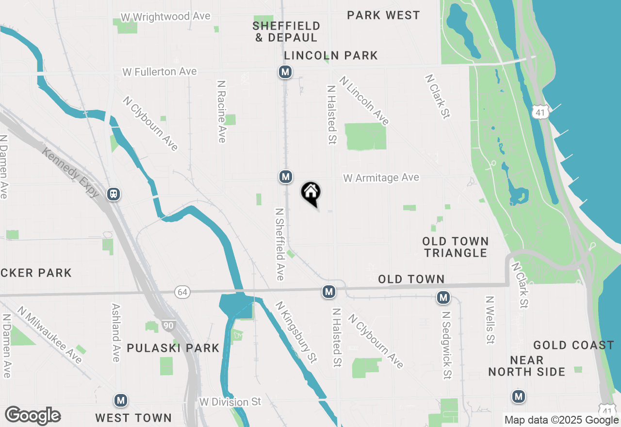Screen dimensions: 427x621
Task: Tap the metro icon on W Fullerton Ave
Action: point(285,72)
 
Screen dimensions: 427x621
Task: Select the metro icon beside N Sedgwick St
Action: point(443,297)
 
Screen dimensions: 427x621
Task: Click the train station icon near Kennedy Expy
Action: point(114,194)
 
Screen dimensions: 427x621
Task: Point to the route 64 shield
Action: point(181,292)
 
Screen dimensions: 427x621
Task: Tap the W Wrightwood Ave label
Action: point(165,16)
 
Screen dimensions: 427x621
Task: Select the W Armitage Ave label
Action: point(381,178)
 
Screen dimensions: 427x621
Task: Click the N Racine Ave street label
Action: point(221,112)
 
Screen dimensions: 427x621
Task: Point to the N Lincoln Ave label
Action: point(364,100)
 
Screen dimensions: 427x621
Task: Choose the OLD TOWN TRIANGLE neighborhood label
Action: point(455,247)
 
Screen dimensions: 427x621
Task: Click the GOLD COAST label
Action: point(573,345)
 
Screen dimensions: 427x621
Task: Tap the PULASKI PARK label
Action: point(173,348)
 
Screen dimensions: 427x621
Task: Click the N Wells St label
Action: point(490,320)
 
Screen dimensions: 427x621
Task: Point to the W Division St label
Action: point(230,402)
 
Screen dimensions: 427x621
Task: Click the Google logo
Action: point(33,415)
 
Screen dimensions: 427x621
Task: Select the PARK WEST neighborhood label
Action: point(383,15)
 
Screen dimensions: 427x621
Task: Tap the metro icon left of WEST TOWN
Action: point(121,401)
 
